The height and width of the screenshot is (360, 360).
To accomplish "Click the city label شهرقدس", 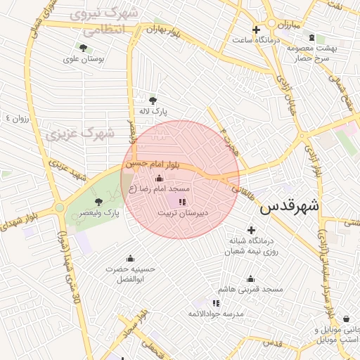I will pos(289,207).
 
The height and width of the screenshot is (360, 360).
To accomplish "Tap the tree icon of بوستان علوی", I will pos(84,49).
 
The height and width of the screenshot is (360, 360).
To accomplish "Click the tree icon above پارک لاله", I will pos(153,100).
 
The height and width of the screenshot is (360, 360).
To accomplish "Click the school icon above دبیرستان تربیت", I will pos(183,202).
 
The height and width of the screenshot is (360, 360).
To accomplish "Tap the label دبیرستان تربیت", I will pos(185,212).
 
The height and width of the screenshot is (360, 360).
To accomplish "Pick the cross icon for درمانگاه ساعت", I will pos(256,30).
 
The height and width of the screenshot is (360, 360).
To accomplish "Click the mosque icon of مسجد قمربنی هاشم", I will pos(250,278).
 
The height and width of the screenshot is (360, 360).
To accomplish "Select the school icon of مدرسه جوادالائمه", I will pos(216,302).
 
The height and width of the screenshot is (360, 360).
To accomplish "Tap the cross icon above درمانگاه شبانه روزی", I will pos(251,230).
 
